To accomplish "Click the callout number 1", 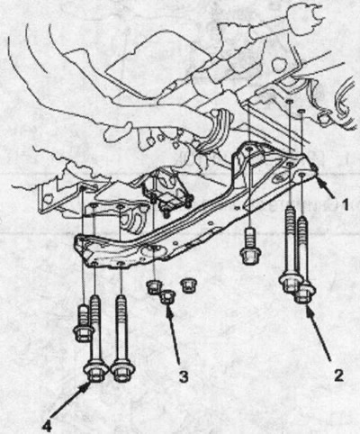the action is (345, 204).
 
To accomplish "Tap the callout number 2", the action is (338, 375).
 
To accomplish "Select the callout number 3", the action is (184, 376).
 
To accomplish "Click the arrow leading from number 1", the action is (325, 187).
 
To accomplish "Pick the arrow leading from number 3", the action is (174, 333).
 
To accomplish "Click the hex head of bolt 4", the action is (95, 373).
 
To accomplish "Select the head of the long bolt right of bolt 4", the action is (122, 373).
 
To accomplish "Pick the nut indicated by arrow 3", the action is (167, 296).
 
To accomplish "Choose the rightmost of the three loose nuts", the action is (188, 285).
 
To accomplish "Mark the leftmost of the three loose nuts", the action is (155, 286).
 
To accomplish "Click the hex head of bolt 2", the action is (304, 294).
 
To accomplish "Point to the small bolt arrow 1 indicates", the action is (313, 167).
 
